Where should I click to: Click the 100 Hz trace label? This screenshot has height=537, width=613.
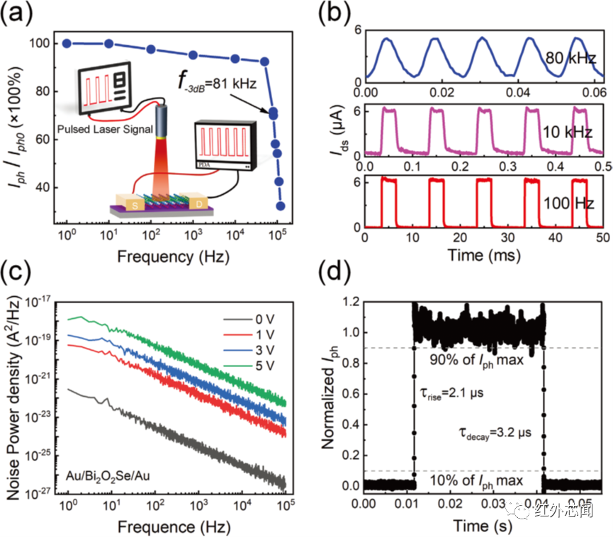click(566, 203)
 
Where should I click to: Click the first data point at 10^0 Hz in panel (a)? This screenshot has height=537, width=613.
click(67, 43)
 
